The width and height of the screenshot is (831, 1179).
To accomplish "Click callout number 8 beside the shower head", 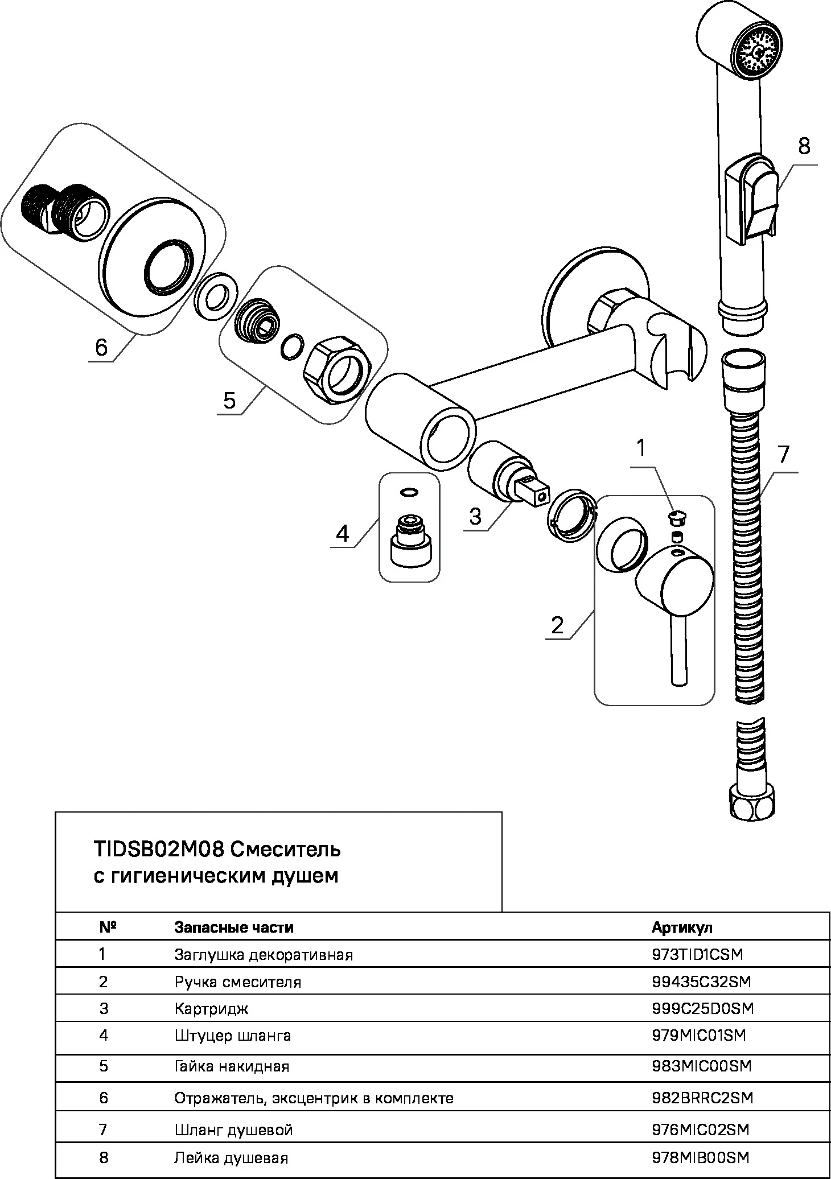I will (803, 146).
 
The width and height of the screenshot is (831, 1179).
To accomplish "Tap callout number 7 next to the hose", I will (784, 454).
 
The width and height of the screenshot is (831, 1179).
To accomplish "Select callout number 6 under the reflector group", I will (101, 347).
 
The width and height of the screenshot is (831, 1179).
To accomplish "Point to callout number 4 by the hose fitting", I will (342, 533).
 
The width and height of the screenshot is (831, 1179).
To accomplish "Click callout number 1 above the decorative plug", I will (641, 448).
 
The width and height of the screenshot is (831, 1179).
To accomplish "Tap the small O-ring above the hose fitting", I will (409, 491).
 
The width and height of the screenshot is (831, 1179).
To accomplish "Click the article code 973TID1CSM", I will (697, 954).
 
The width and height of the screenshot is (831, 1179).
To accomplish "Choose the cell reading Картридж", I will (211, 1009).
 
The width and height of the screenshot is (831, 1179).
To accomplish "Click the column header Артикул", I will (681, 927).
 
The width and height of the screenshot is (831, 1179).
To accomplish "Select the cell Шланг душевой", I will (233, 1129).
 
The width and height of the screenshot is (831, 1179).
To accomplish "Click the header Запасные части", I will (233, 927).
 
